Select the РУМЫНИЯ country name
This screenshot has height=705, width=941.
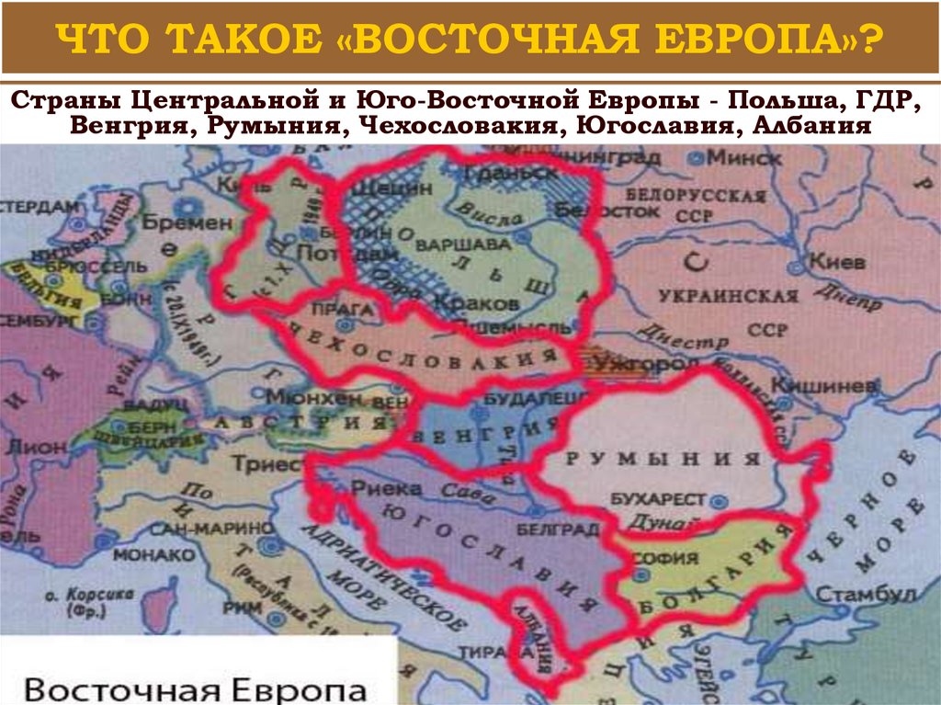pos(664,459)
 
